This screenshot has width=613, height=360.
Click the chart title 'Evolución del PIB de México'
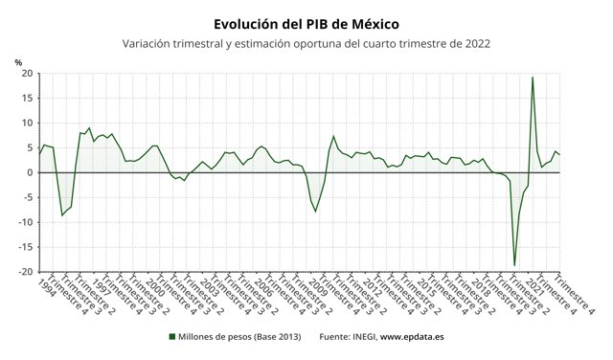(x=306, y=22)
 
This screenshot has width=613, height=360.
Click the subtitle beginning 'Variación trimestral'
(x=306, y=43)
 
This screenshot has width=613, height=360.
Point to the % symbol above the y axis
(x=18, y=62)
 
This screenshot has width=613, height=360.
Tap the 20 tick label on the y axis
(x=28, y=74)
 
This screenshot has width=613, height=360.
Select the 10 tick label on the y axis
(x=28, y=123)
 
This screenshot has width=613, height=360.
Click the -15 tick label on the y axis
(x=26, y=247)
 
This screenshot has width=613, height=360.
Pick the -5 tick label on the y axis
(x=29, y=197)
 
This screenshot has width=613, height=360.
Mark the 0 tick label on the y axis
(x=31, y=172)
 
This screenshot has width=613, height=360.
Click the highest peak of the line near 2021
(x=532, y=78)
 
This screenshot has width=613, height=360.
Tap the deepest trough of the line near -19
(x=514, y=265)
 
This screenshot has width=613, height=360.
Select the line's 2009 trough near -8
(x=316, y=211)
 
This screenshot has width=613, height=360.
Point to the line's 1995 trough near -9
(x=62, y=215)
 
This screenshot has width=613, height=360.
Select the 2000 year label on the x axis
(x=154, y=286)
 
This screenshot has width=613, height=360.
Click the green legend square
(x=172, y=337)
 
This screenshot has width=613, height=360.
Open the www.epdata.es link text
(x=413, y=337)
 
